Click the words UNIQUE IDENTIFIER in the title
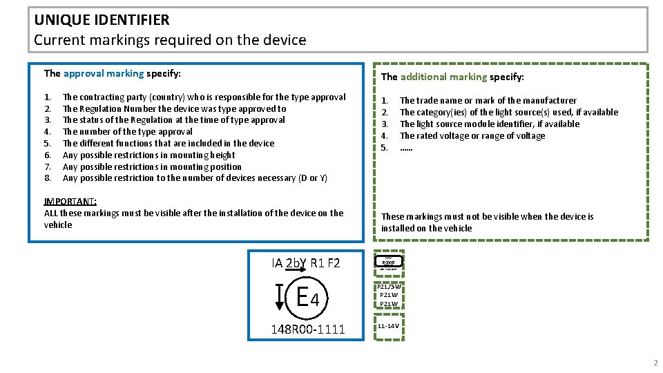[x=102, y=20]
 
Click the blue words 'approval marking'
[x=104, y=73]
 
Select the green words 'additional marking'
[x=443, y=77]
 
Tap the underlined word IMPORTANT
[x=70, y=201]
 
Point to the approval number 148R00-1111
[x=307, y=329]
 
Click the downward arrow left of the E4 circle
[x=280, y=297]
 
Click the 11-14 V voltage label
[x=388, y=325]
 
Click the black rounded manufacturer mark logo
[x=388, y=262]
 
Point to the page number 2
[x=655, y=363]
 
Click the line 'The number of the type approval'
[x=128, y=131]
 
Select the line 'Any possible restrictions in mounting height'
[x=149, y=155]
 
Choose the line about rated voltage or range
[x=472, y=135]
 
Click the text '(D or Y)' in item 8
[x=312, y=178]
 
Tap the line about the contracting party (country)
[x=204, y=97]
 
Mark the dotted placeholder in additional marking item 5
[x=406, y=147]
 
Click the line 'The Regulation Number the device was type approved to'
[x=174, y=108]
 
